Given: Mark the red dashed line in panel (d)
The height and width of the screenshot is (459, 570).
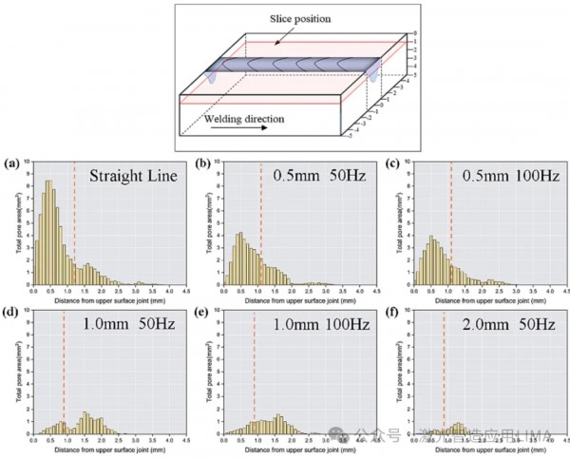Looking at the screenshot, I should click(x=63, y=380).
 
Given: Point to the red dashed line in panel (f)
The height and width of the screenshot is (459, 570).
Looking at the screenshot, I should click(x=444, y=380).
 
